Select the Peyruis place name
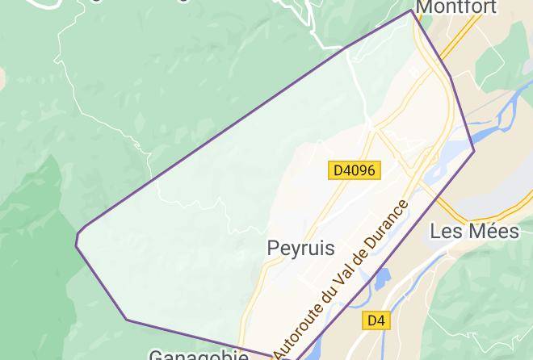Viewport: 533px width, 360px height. point(300,249)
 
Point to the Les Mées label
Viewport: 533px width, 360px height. point(474,232)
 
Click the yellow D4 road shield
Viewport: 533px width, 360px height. point(376,320)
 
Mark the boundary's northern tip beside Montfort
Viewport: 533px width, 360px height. point(412,10)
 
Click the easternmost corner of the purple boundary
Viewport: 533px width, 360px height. point(474,150)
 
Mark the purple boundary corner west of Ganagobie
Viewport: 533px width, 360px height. point(127,320)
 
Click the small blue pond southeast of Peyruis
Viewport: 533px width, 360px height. point(379,278)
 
